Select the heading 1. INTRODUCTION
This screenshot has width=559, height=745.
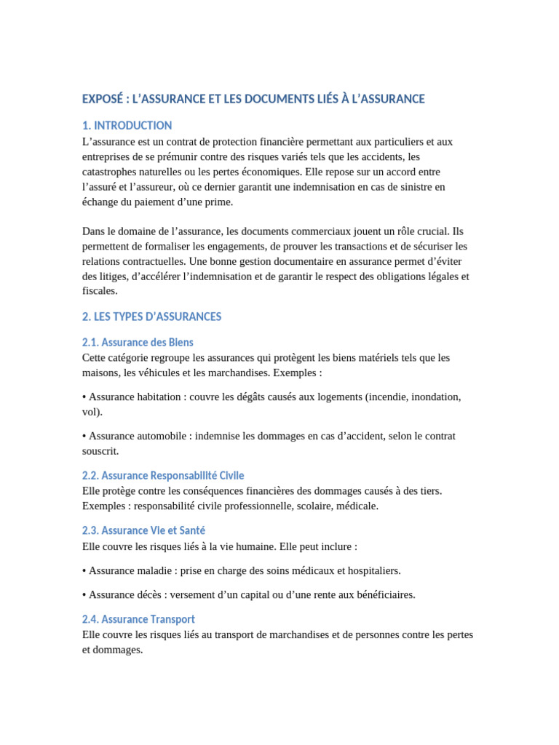click(127, 125)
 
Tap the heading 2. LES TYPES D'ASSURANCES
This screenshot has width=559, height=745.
click(152, 316)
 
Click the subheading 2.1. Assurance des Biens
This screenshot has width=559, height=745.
click(138, 342)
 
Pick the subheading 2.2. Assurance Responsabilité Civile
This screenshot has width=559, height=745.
click(163, 475)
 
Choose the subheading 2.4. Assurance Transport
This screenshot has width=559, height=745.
click(138, 619)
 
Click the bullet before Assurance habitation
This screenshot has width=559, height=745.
click(84, 397)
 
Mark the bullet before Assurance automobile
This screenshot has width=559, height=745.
click(84, 437)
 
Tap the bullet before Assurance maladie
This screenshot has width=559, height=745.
click(84, 570)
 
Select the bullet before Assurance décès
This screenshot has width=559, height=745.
click(84, 595)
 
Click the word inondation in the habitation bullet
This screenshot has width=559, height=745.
click(433, 397)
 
